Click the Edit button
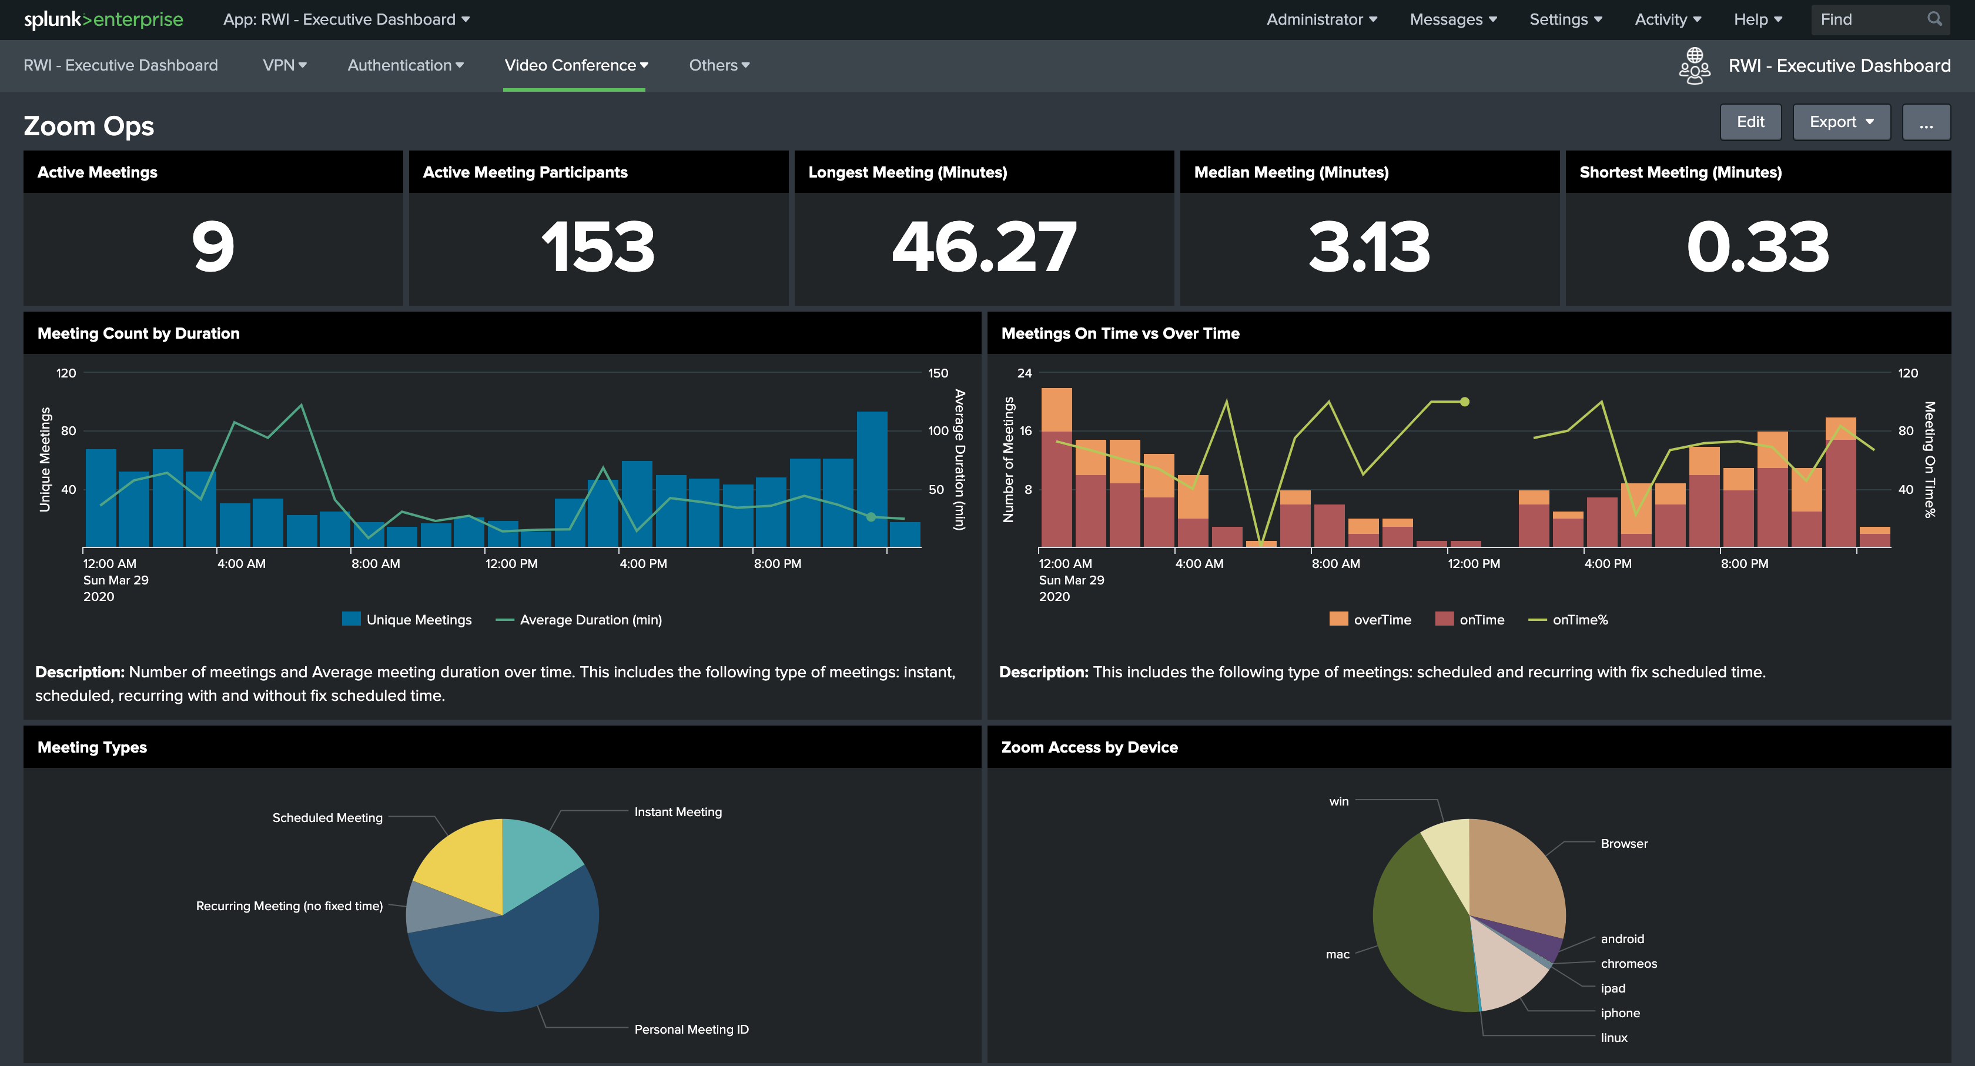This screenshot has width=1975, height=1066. click(1750, 122)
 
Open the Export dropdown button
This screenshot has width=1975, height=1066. click(1841, 122)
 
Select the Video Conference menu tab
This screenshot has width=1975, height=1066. click(575, 65)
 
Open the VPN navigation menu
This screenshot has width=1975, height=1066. click(284, 65)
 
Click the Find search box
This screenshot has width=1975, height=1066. click(1871, 19)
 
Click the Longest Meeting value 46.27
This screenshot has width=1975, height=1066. click(983, 247)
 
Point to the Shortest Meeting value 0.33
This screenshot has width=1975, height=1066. click(1758, 247)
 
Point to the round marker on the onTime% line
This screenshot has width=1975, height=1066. click(1464, 402)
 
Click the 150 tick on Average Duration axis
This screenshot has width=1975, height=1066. click(938, 373)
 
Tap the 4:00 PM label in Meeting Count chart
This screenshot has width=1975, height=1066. click(642, 564)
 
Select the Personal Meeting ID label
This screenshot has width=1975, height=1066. click(691, 1029)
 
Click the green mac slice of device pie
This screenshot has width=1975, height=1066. click(1418, 935)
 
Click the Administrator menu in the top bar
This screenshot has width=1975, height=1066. click(1321, 19)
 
